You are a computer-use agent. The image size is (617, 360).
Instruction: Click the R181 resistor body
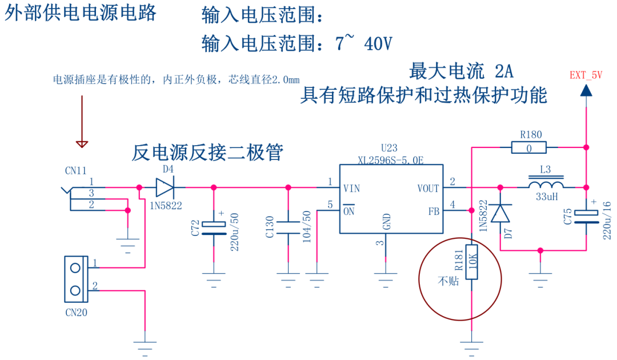(x=471, y=262)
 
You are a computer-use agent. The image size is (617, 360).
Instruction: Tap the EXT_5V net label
(x=586, y=75)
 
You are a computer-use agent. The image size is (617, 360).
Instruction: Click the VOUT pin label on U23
(x=428, y=188)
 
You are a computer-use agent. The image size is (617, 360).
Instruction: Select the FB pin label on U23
(x=433, y=210)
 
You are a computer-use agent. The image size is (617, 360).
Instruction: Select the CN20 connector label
(x=76, y=312)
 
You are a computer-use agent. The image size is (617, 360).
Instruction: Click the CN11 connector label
(x=75, y=170)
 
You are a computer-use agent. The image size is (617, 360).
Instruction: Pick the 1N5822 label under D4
(x=166, y=204)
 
